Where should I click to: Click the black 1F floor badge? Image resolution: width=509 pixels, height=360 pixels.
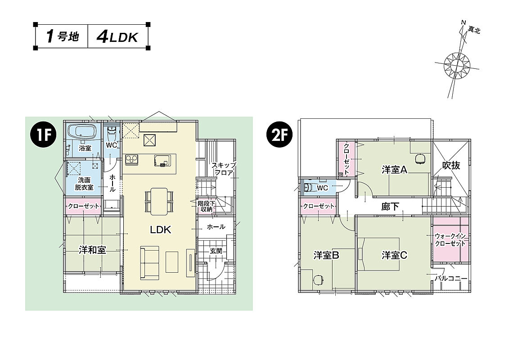(43, 135)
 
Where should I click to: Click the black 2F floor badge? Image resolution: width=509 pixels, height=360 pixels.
(279, 135)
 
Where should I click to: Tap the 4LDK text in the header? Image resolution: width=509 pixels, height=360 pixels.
(117, 37)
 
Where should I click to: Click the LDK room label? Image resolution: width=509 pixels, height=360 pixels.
(160, 230)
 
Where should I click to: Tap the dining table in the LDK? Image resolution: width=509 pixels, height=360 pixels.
(158, 201)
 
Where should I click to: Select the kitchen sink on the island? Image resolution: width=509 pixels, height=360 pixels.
(162, 160)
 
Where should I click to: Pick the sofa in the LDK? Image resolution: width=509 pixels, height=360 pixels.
(150, 262)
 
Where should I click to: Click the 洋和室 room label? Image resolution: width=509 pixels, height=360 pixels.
(92, 250)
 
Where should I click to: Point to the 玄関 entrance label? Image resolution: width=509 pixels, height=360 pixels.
(216, 251)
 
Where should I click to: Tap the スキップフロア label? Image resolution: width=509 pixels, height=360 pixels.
(224, 169)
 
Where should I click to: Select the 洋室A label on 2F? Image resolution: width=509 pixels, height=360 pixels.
(394, 170)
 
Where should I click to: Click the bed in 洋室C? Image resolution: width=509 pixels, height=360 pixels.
(378, 254)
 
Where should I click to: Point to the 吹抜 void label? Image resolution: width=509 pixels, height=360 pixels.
(451, 165)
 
